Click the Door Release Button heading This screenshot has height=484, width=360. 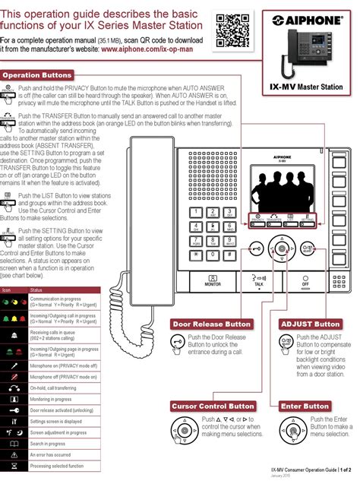pos(207,324)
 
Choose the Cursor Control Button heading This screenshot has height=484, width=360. pos(213,406)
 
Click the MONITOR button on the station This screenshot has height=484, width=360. pos(213,280)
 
